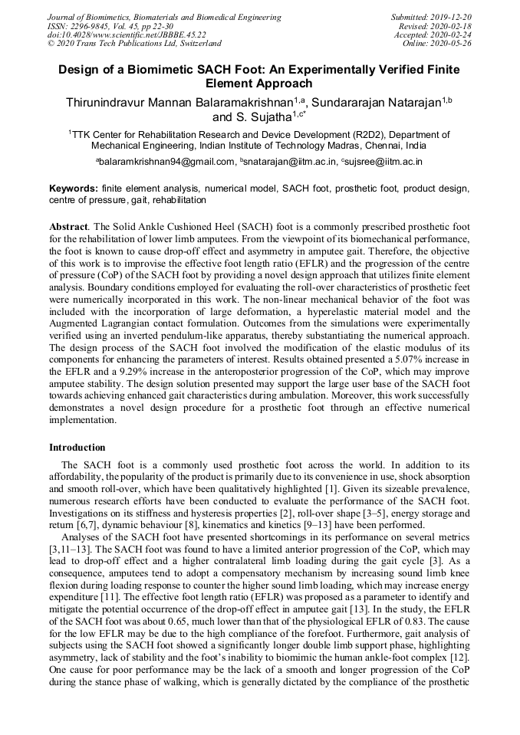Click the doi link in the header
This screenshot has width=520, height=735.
tap(127, 34)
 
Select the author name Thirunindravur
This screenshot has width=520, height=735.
tap(111, 100)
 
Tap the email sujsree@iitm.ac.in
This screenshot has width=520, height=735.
tap(385, 162)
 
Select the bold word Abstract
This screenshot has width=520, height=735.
tap(68, 228)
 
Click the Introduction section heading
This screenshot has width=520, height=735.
tap(77, 447)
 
